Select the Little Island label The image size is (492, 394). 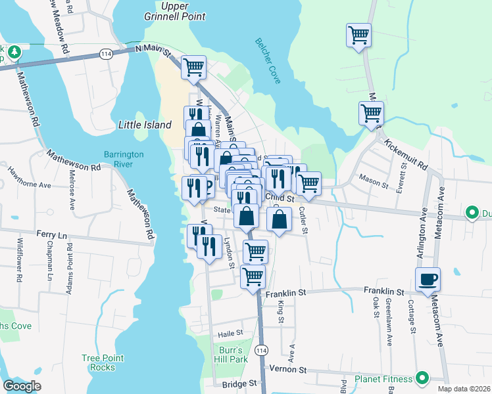pos(145,125)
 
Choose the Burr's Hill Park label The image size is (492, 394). pos(230,355)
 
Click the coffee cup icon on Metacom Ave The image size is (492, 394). pos(428,279)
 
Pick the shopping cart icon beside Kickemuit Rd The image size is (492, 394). pos(372,113)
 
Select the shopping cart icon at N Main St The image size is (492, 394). pos(193,66)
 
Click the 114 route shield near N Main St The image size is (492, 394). pos(105,52)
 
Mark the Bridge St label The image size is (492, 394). pos(238,383)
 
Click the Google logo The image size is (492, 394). pos(22,386)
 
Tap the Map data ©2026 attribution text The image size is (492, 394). pos(464,389)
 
